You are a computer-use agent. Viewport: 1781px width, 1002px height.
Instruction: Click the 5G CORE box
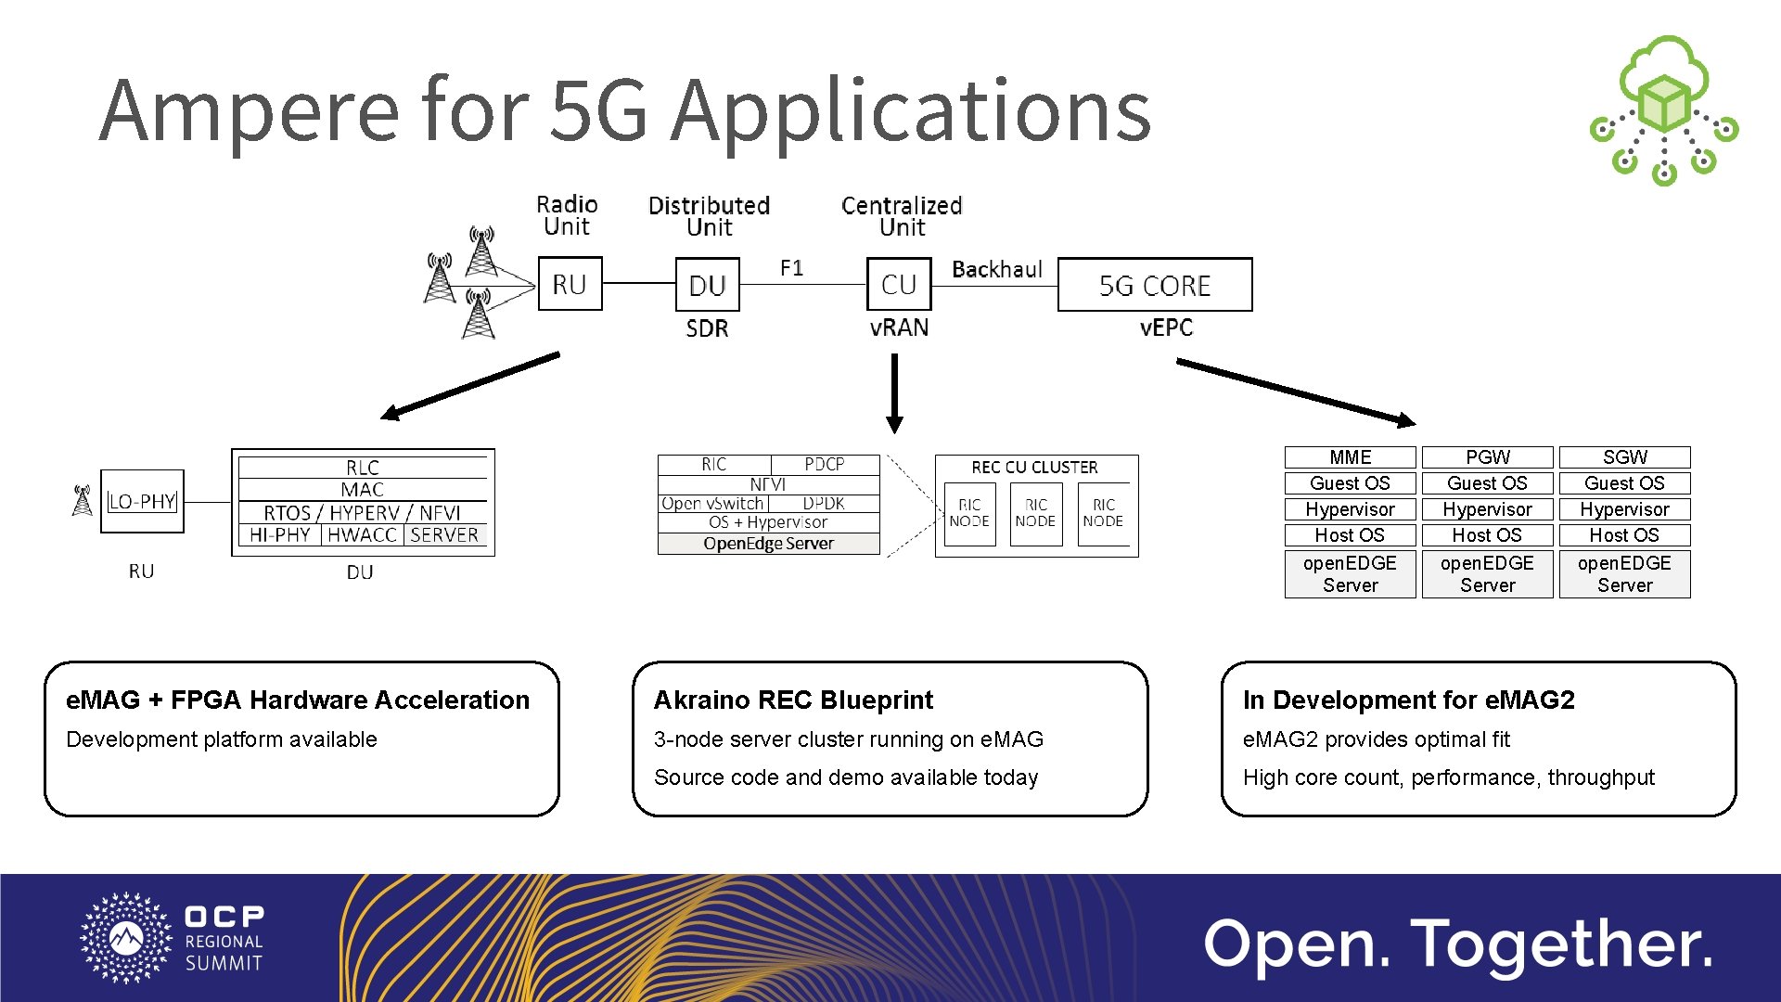point(1155,285)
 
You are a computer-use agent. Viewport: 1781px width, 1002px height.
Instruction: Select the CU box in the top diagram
point(898,285)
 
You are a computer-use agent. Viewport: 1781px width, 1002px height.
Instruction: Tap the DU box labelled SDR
point(708,285)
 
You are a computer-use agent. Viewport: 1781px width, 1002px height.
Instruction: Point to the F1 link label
point(791,268)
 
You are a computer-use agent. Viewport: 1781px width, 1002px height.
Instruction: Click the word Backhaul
point(997,269)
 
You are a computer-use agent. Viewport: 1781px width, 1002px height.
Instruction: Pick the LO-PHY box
point(142,502)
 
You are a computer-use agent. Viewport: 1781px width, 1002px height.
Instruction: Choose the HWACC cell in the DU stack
point(362,535)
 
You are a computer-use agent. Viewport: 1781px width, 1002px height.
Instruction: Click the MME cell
point(1350,457)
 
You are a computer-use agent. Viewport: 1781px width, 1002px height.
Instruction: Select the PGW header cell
point(1487,457)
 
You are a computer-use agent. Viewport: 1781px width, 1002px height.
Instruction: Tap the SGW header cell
point(1624,457)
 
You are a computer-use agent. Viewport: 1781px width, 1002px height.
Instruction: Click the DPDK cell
point(824,504)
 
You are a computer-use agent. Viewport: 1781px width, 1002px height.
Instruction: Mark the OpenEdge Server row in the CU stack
point(768,544)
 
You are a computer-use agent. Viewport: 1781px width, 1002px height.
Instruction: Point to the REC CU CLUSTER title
point(1034,468)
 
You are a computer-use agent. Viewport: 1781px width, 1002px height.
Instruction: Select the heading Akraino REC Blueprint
point(793,700)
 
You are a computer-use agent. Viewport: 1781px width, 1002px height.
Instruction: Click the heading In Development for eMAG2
point(1408,700)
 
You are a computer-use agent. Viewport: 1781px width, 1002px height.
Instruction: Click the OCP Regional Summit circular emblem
point(126,938)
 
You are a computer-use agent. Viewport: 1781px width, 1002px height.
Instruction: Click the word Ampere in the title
point(249,111)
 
